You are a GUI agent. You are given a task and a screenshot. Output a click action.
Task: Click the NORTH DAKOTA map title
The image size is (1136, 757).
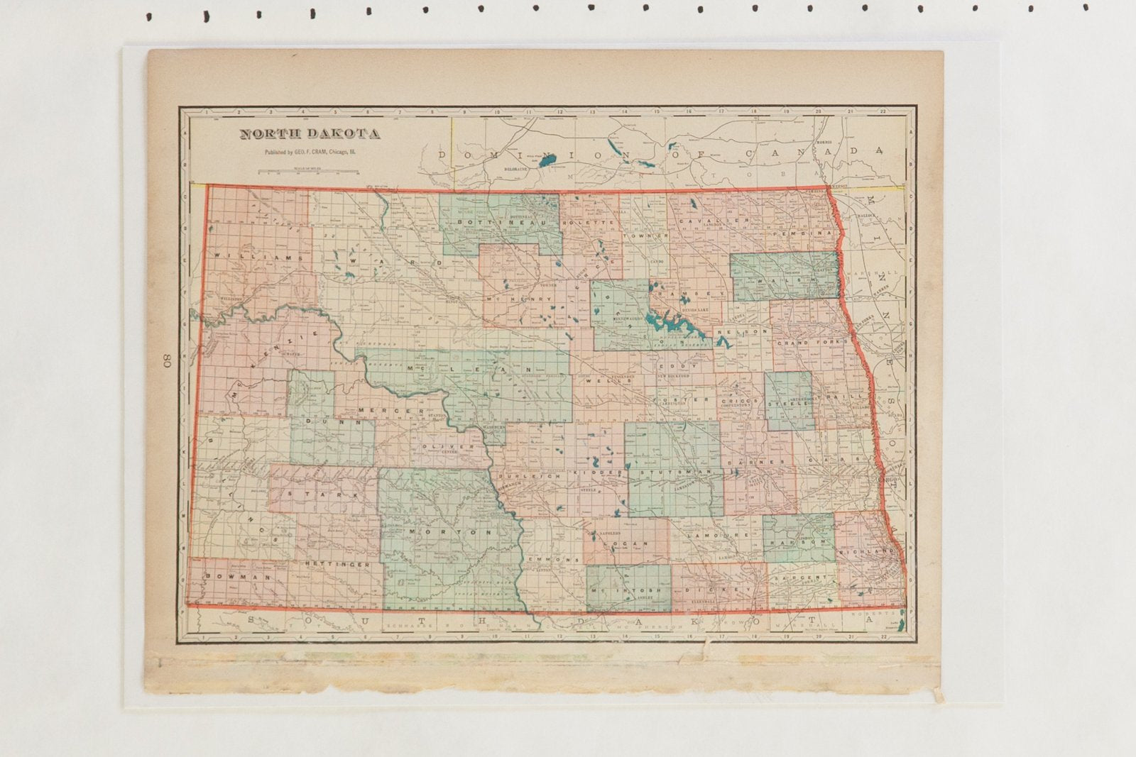(x=309, y=134)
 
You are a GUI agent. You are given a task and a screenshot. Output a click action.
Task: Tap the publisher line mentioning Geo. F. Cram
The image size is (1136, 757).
(x=310, y=152)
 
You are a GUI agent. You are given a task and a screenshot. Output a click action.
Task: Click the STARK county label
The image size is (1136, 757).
(x=320, y=492)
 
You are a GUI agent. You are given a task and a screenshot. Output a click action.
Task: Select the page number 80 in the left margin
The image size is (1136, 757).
(x=168, y=360)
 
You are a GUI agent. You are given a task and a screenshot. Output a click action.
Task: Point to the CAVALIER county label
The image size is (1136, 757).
(x=714, y=221)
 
